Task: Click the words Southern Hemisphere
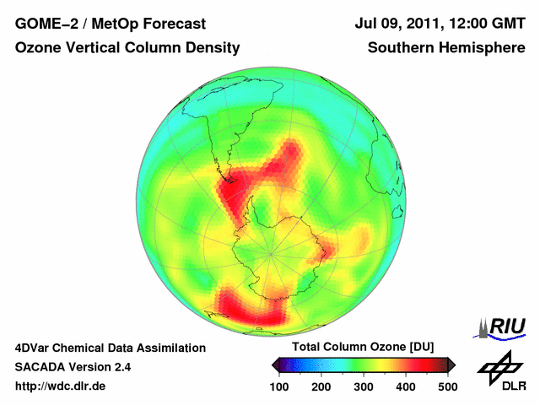(446, 48)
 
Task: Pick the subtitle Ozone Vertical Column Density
(127, 48)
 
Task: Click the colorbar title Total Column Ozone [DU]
(363, 348)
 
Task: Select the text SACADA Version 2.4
(73, 367)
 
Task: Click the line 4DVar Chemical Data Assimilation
(111, 348)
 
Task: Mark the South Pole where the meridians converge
(271, 251)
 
